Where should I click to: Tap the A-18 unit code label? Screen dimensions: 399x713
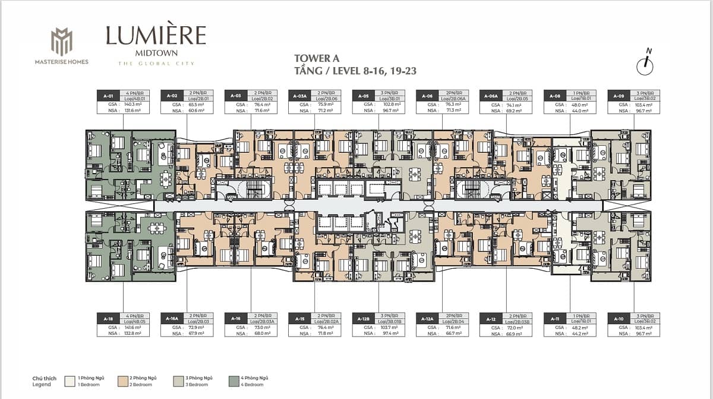coord(108,318)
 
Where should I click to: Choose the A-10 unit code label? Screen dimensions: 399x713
coord(618,318)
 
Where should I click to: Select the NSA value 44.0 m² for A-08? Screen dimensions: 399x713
coord(581,111)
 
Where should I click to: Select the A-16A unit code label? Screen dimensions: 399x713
coord(172,318)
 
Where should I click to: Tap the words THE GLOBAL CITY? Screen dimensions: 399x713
coord(156,63)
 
